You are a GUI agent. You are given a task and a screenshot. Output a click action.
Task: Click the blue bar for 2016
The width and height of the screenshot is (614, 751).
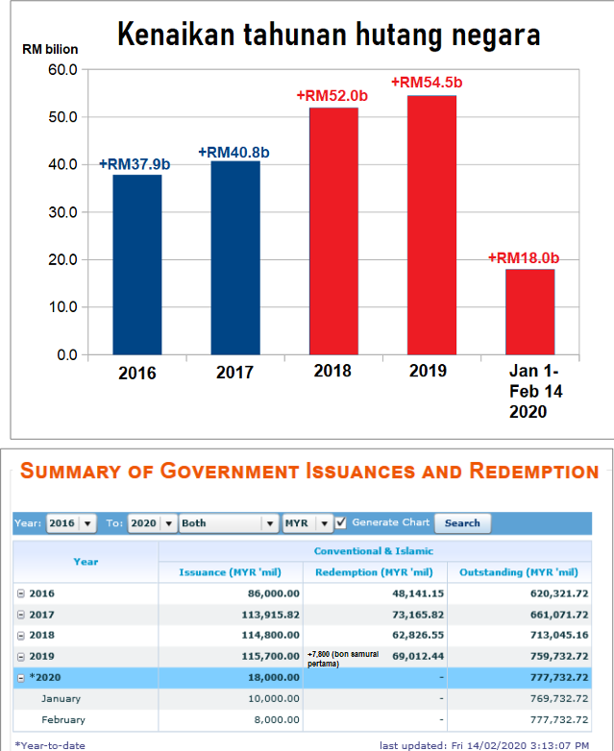click(x=137, y=264)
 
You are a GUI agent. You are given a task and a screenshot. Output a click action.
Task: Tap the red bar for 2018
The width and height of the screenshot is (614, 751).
click(x=333, y=230)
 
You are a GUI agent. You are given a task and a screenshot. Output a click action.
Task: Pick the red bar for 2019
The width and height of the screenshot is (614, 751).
click(x=431, y=225)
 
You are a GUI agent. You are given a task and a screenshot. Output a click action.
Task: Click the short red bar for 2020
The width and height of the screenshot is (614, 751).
click(x=529, y=312)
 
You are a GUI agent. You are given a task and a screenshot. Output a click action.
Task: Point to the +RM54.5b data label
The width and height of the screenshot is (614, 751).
click(x=427, y=83)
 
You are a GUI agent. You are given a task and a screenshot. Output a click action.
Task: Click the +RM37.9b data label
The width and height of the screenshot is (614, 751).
click(x=135, y=164)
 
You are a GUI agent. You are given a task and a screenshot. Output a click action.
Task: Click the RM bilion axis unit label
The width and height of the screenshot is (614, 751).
click(x=51, y=48)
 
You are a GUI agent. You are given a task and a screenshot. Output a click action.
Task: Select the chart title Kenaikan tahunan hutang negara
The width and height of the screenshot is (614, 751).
click(x=329, y=36)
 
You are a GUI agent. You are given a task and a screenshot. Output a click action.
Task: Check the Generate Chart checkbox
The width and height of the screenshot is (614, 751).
click(x=340, y=522)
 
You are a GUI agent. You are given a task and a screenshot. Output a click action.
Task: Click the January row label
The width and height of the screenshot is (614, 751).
click(x=62, y=698)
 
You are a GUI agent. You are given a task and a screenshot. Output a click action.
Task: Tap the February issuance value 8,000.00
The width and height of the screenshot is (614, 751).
click(x=275, y=719)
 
